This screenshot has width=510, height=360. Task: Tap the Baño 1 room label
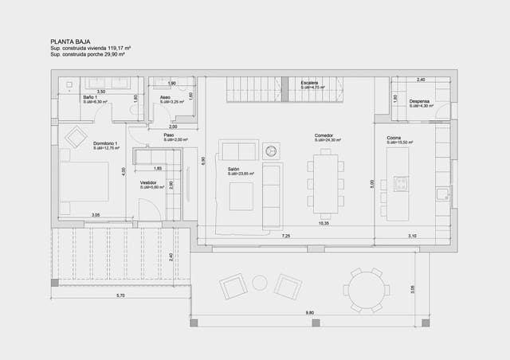point(89,97)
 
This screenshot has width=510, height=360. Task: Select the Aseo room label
point(165,97)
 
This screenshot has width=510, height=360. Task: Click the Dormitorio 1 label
point(105,143)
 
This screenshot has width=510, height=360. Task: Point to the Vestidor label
point(148,182)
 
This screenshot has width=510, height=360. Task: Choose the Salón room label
point(234,169)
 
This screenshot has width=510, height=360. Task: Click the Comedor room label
point(324,135)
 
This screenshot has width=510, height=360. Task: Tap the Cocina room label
point(394,137)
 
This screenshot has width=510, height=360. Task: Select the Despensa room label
point(419,101)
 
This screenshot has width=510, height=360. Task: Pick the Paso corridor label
point(169,135)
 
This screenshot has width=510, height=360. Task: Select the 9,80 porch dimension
point(309,314)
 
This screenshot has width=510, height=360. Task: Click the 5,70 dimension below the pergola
point(120,295)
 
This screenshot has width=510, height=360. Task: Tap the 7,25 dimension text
point(285,236)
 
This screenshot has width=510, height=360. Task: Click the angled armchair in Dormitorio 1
point(76,137)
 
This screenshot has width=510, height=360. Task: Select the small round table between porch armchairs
point(260,283)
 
